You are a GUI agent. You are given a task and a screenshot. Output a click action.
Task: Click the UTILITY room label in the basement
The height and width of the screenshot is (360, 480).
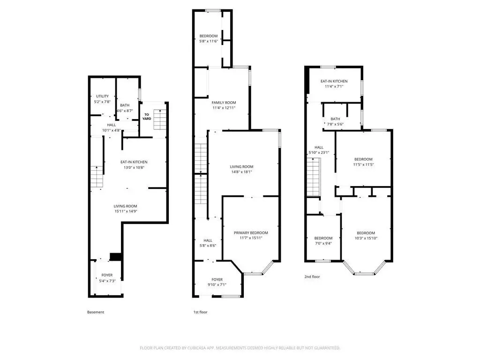102,96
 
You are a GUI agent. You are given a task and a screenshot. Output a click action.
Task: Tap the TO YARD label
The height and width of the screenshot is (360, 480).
147,117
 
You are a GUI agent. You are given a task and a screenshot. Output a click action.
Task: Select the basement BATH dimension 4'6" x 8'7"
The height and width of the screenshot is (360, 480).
125,111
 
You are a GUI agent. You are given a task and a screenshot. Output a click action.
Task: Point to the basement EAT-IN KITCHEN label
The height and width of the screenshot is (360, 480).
134,162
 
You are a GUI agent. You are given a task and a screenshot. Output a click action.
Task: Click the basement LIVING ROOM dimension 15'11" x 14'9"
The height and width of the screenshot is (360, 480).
126,211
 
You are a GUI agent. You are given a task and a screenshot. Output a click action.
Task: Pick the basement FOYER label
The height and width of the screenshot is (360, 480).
107,275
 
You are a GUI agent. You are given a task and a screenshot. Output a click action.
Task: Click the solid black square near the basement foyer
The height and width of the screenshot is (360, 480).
116,256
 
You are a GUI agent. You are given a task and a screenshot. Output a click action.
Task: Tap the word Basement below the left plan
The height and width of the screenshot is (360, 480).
96,312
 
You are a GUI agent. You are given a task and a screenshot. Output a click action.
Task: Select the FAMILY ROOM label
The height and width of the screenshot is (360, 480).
224,103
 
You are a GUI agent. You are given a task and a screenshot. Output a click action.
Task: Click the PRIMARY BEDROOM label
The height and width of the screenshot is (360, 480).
251,233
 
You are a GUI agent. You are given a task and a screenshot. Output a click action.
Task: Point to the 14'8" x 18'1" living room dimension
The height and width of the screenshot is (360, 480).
241,172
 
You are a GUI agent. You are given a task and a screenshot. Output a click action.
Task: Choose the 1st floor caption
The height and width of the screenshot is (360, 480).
200,312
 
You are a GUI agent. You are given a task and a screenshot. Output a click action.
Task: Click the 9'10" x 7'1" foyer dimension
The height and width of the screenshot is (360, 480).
217,285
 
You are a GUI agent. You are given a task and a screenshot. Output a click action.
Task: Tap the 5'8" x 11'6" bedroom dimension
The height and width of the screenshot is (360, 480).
209,41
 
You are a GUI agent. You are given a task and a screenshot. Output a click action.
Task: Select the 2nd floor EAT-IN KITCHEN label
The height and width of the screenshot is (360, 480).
334,81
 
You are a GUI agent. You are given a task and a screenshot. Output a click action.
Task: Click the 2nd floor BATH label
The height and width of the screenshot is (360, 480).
335,119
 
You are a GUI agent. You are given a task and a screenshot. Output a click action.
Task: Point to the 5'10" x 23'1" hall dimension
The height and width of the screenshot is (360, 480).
319,152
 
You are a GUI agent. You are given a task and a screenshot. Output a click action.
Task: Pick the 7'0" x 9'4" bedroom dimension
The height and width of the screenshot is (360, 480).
323,243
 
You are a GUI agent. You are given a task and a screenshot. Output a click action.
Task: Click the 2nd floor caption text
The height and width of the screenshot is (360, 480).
312,277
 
